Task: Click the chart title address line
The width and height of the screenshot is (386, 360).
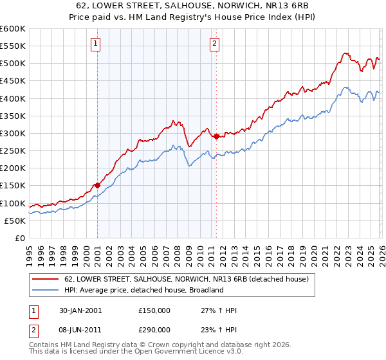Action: point(193,6)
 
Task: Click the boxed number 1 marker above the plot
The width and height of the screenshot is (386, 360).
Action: point(95,44)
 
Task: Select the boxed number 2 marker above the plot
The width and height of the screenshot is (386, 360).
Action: point(214,44)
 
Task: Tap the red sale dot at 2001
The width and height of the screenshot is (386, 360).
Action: point(97,185)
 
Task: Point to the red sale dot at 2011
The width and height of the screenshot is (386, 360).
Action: point(216,136)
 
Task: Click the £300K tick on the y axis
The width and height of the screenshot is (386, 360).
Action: point(13,133)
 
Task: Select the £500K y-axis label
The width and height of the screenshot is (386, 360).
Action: point(13,64)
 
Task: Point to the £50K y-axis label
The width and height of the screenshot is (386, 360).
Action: point(15,221)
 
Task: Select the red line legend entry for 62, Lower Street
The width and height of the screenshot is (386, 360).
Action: point(187,279)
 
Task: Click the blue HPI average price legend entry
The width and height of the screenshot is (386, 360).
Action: point(143,290)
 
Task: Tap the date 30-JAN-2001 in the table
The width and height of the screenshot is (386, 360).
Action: point(76,310)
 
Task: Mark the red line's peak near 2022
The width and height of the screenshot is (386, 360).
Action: point(346,53)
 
